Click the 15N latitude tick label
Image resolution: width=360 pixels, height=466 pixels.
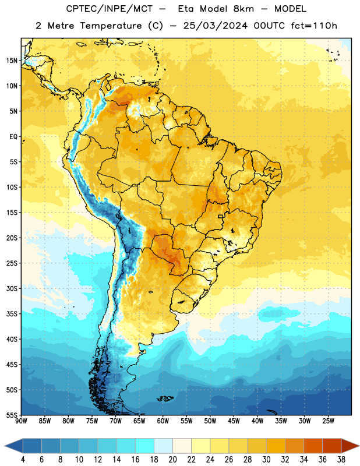point(12,61)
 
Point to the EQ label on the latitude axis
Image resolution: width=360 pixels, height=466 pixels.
point(13,137)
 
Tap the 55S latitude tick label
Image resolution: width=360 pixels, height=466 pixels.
point(12,415)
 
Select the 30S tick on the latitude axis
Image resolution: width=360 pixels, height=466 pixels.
point(12,288)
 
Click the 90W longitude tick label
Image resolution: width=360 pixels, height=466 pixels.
point(21,421)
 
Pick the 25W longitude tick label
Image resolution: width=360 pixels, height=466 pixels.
point(328,421)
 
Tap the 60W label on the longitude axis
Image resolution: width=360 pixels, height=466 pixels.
point(163,421)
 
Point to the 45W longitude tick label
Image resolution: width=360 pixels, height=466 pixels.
point(234,421)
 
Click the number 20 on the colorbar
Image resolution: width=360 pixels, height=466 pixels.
point(172,460)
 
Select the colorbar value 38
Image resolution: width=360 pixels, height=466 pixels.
point(341,460)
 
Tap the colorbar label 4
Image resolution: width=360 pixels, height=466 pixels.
point(23,460)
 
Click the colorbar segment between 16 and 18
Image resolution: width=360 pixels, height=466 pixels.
point(145,446)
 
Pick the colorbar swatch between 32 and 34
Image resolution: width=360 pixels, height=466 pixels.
point(294,446)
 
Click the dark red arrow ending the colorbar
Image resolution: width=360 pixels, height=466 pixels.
point(349,446)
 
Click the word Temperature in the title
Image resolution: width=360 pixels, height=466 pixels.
point(111,26)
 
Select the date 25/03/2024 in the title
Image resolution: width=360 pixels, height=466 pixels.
point(215,26)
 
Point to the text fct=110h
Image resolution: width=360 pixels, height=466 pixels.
point(314,26)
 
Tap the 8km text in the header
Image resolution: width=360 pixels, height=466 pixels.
point(243,9)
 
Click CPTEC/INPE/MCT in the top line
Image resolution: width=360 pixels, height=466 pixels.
point(109,9)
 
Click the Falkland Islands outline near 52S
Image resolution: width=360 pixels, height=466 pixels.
point(165,398)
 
